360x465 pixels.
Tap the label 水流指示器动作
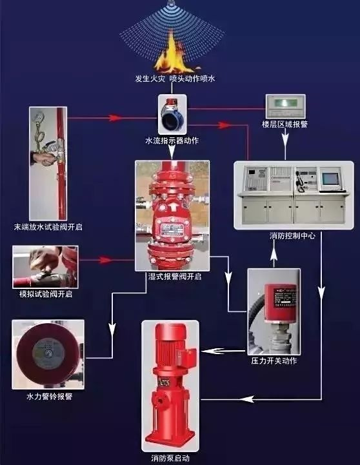coord(172,140)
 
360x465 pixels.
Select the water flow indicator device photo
coord(172,114)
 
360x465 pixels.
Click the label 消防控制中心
coord(292,236)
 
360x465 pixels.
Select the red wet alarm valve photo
coord(172,215)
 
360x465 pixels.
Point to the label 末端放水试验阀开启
coord(48,227)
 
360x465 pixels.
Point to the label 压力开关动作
coord(274,361)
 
